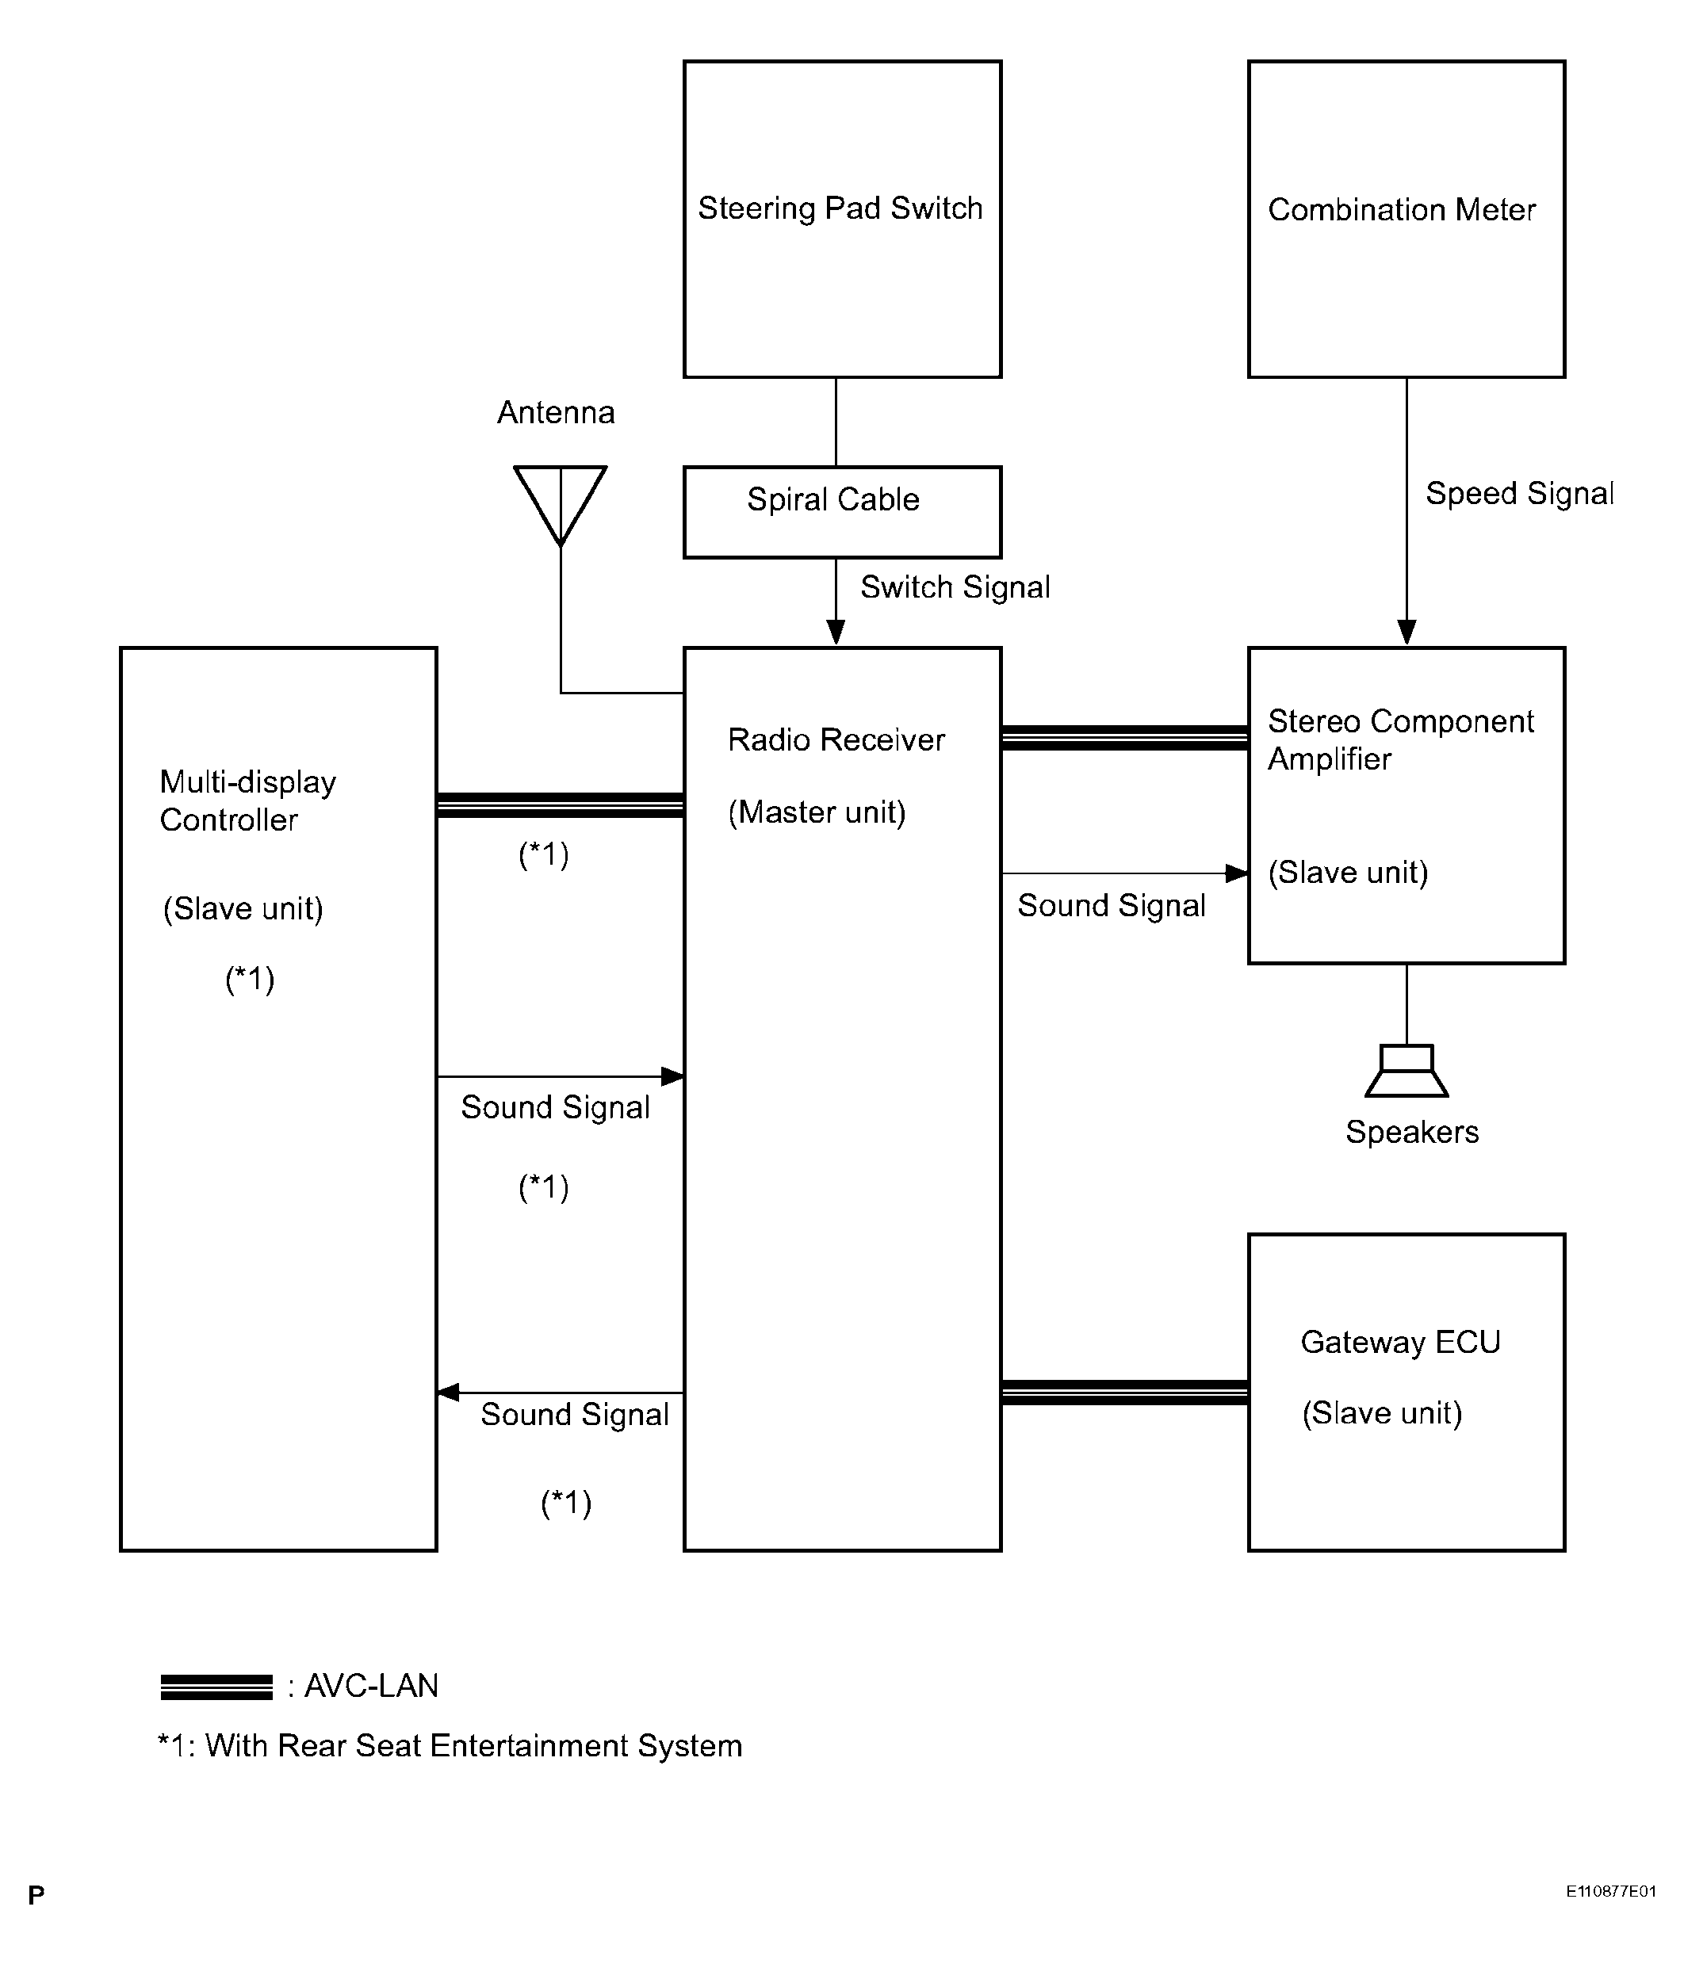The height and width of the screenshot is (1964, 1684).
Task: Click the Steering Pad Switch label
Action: coord(840,208)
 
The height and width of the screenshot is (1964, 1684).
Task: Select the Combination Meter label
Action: coord(1402,209)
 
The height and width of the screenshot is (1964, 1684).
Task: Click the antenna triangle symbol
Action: coord(560,505)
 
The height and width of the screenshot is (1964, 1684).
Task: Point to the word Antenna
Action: coord(556,412)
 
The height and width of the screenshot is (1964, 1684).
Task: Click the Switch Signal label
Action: coord(955,587)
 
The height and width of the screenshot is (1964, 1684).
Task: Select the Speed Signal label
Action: coord(1519,494)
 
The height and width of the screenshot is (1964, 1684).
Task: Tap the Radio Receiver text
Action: coord(836,739)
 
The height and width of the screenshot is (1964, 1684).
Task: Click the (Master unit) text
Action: coord(817,812)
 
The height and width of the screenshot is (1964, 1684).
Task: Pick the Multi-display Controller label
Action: coord(247,801)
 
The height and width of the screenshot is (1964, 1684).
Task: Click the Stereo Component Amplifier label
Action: coord(1400,740)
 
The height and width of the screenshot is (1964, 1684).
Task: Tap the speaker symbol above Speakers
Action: coord(1407,1071)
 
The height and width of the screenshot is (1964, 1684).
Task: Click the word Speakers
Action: coord(1412,1132)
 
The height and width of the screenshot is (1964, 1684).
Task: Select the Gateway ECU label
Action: coord(1400,1342)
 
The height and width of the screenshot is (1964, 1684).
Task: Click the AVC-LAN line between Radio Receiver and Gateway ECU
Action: coord(1124,1393)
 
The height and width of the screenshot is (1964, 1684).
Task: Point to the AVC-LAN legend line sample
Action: coord(216,1687)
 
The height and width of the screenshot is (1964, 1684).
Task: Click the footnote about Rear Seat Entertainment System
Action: coord(450,1746)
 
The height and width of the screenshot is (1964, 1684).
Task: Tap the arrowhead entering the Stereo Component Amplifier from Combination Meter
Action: coord(1407,632)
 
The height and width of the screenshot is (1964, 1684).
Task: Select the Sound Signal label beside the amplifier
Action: coord(1112,906)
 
